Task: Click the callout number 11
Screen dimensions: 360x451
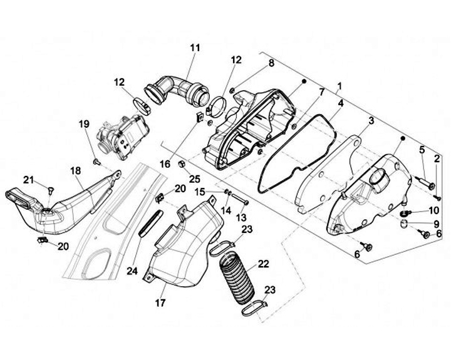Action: click(x=195, y=47)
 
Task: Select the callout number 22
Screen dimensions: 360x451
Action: click(x=264, y=264)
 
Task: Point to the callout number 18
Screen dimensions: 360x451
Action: click(x=76, y=171)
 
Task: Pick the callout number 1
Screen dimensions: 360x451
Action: click(x=339, y=85)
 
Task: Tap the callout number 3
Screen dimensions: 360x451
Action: click(x=371, y=120)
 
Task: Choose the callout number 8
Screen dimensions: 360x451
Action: click(x=271, y=63)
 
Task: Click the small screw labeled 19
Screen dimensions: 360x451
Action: click(x=96, y=162)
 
